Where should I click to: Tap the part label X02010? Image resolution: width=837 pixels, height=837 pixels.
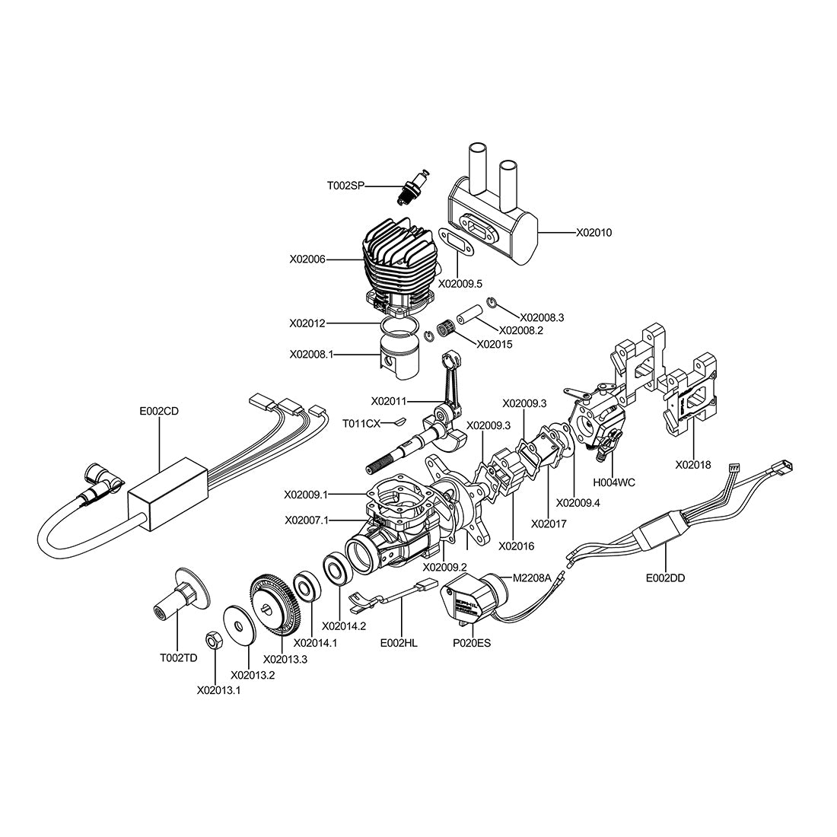594,232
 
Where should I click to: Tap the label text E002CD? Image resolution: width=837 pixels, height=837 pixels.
158,411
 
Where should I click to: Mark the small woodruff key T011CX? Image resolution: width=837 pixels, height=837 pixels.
398,420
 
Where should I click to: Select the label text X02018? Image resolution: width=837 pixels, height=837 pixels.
693,463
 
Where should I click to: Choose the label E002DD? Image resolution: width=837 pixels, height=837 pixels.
665,578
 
